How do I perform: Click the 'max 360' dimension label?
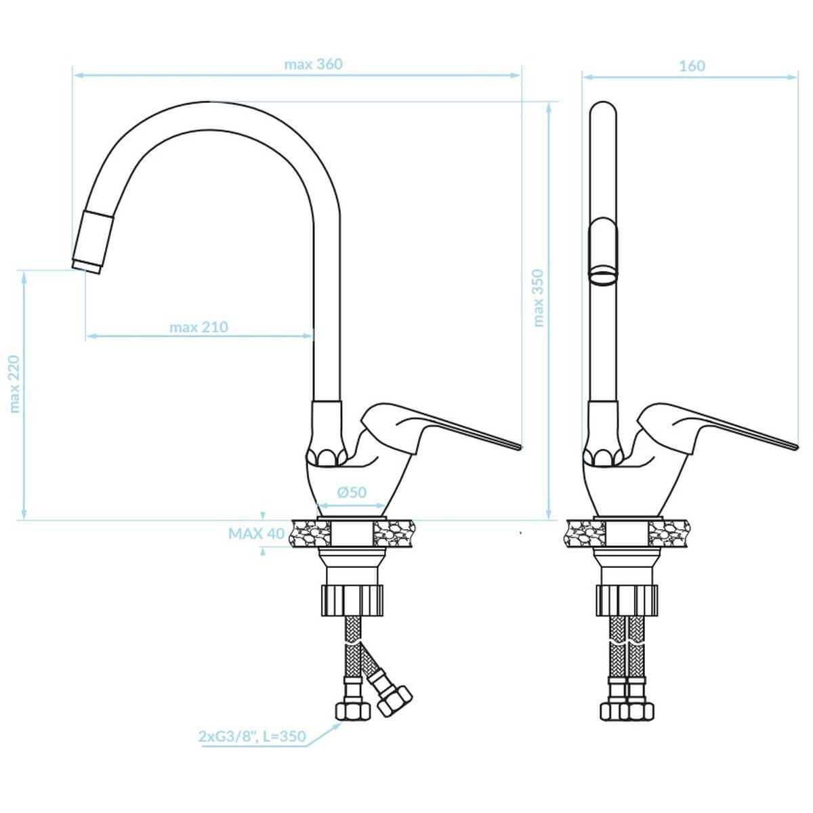[x=313, y=64]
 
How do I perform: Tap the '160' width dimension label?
[x=692, y=66]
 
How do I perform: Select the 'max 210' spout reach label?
[x=199, y=327]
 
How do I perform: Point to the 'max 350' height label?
[x=539, y=298]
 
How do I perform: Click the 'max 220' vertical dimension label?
[x=14, y=383]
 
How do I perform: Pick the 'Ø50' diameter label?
[x=352, y=492]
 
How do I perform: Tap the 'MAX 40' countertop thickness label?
[x=257, y=533]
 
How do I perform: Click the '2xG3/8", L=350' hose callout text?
[x=252, y=736]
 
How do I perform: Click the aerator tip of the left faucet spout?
[x=87, y=267]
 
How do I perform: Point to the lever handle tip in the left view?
[x=520, y=446]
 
